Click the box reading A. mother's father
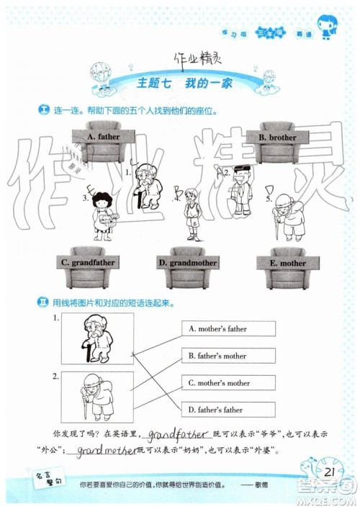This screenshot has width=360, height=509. coord(228,329)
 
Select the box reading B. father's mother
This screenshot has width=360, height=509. coord(228,356)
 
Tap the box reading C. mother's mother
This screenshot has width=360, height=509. coord(228,382)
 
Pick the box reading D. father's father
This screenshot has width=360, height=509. coord(228,409)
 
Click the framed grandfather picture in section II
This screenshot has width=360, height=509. coord(97,339)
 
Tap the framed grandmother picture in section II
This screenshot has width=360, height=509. coord(97,397)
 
